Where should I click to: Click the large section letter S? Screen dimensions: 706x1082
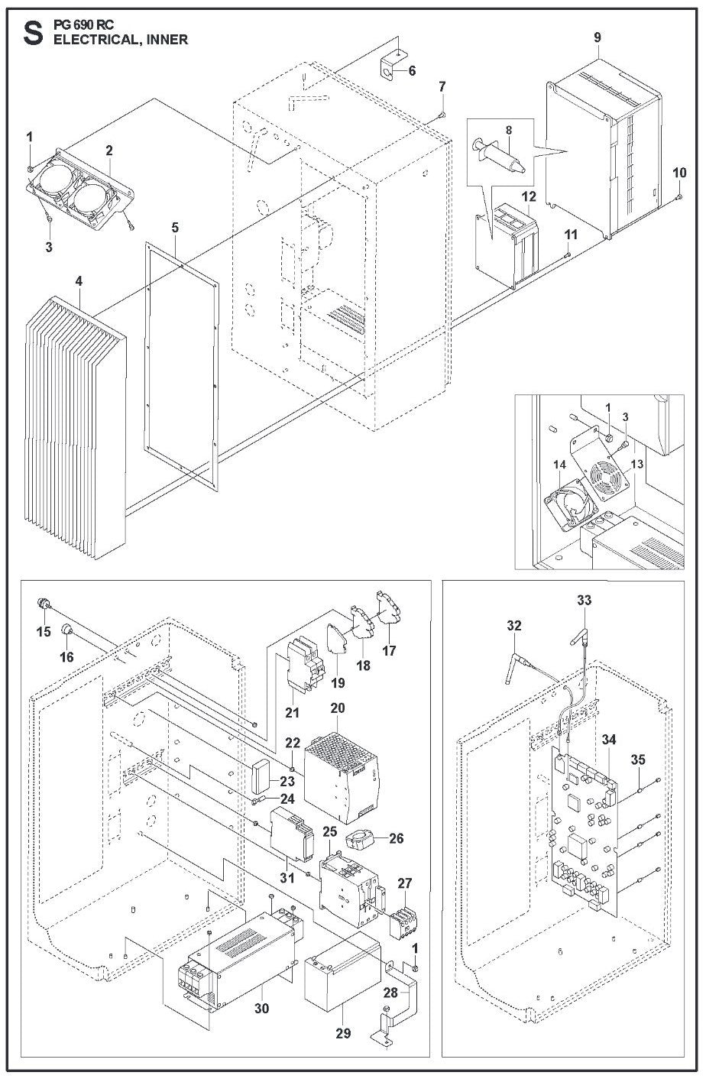(x=34, y=34)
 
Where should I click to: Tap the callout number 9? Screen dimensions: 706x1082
(x=598, y=37)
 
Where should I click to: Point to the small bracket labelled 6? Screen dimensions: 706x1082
(x=390, y=66)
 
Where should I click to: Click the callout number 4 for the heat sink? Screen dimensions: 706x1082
(x=79, y=281)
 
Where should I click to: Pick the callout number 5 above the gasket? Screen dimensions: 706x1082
(x=175, y=227)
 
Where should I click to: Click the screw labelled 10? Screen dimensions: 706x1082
(x=679, y=196)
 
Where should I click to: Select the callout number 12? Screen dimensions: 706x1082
(x=529, y=196)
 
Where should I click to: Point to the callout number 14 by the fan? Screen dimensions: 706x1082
(x=559, y=465)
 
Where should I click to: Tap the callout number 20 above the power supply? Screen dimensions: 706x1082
(x=338, y=708)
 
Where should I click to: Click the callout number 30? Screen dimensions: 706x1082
(x=262, y=1008)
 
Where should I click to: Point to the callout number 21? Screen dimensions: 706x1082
(x=292, y=712)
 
